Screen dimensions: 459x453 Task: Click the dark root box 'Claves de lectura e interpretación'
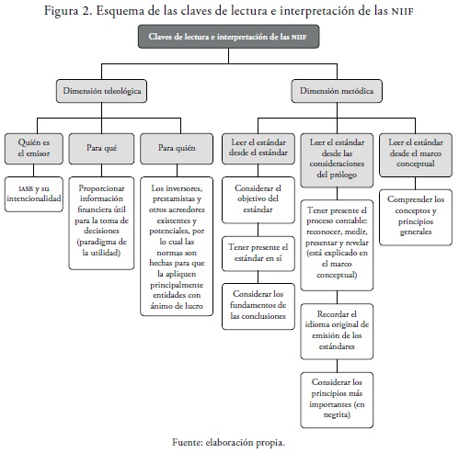pyautogui.click(x=228, y=37)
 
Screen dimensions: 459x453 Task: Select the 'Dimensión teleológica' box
pyautogui.click(x=101, y=91)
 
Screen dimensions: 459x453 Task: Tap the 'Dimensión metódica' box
pyautogui.click(x=337, y=91)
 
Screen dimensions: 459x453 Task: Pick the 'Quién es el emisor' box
pyautogui.click(x=34, y=149)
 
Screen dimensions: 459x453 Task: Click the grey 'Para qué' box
pyautogui.click(x=101, y=149)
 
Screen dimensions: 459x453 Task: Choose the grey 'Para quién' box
pyautogui.click(x=177, y=149)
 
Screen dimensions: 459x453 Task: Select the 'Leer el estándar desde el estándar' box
pyautogui.click(x=258, y=149)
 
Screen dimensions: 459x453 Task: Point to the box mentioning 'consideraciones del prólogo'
pyautogui.click(x=337, y=160)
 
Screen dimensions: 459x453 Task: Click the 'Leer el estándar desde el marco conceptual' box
pyautogui.click(x=416, y=155)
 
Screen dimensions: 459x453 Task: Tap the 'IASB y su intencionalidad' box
pyautogui.click(x=34, y=194)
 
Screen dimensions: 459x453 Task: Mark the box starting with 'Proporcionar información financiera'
pyautogui.click(x=101, y=223)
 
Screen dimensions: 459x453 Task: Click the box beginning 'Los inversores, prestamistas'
pyautogui.click(x=177, y=246)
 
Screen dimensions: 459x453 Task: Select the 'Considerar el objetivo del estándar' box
pyautogui.click(x=258, y=199)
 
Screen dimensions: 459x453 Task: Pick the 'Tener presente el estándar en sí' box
pyautogui.click(x=258, y=254)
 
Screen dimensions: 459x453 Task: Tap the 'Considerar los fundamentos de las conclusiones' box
pyautogui.click(x=258, y=306)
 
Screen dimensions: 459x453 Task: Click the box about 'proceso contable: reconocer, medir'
pyautogui.click(x=337, y=245)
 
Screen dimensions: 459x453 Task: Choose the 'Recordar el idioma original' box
pyautogui.click(x=337, y=332)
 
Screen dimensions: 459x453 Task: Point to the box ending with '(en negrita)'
pyautogui.click(x=337, y=400)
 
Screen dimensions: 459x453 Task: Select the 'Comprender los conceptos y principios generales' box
pyautogui.click(x=416, y=217)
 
